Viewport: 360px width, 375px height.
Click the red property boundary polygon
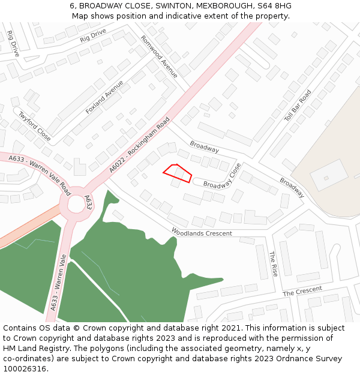coord(178,174)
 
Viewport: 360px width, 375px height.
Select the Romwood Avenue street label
coord(159,56)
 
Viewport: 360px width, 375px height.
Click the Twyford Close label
coord(34,126)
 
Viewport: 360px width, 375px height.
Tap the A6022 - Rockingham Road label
coord(140,145)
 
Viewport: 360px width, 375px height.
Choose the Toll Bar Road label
coord(298,106)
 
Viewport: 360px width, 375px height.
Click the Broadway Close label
coord(222,176)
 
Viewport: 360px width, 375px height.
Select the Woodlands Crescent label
coord(202,232)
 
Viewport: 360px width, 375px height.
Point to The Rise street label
coord(273,263)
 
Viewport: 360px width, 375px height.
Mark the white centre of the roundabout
coord(76,205)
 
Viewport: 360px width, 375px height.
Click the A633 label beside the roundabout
coord(88,202)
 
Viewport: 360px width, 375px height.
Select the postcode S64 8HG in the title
coord(275,5)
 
